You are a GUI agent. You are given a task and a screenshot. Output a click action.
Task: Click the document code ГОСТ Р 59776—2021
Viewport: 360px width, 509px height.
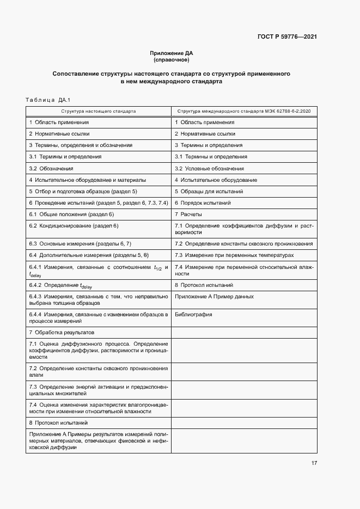[287, 37]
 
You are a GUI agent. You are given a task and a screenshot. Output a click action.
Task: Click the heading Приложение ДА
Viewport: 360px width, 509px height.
[171, 53]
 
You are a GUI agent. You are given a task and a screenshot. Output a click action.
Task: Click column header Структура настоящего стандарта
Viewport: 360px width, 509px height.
[99, 111]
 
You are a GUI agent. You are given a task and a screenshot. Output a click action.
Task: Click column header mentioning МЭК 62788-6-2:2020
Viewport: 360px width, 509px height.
[244, 111]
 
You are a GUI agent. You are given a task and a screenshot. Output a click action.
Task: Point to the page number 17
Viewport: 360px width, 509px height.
[314, 463]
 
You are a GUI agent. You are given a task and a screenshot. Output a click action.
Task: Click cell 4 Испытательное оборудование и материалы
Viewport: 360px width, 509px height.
[87, 180]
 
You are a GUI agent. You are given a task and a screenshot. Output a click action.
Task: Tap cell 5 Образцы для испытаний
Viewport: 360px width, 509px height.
[209, 192]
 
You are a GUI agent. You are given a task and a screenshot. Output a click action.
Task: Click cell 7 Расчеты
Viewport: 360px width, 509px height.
[188, 214]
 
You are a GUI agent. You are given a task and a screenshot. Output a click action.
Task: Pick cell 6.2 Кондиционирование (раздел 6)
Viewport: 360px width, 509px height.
[74, 226]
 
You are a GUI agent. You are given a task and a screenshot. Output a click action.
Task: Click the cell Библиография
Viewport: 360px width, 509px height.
[193, 315]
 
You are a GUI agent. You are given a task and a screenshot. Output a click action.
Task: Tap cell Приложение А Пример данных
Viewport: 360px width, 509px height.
[214, 297]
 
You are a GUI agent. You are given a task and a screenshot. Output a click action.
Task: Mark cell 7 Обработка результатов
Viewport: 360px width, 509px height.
[62, 332]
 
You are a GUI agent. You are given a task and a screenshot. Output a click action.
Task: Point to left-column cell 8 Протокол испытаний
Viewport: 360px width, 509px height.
[58, 422]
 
